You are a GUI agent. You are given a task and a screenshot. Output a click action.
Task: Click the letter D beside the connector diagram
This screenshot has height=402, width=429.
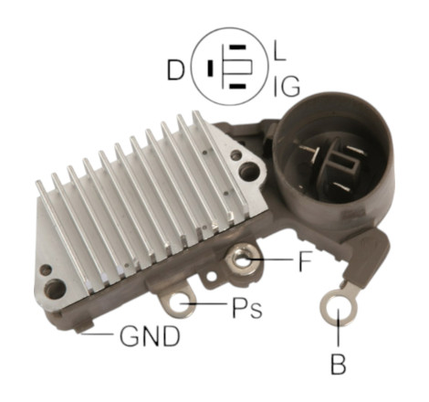(176, 70)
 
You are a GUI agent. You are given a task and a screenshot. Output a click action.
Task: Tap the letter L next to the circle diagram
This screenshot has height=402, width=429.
(280, 51)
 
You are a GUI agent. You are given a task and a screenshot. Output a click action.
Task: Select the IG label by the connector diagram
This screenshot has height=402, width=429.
(287, 87)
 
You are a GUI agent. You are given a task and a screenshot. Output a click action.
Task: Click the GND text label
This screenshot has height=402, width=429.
(150, 336)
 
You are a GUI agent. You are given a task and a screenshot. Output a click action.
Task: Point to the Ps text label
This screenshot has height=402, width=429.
(246, 309)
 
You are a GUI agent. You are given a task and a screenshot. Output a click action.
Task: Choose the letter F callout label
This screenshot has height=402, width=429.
(305, 260)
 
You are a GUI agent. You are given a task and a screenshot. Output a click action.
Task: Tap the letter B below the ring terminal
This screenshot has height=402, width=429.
(338, 365)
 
